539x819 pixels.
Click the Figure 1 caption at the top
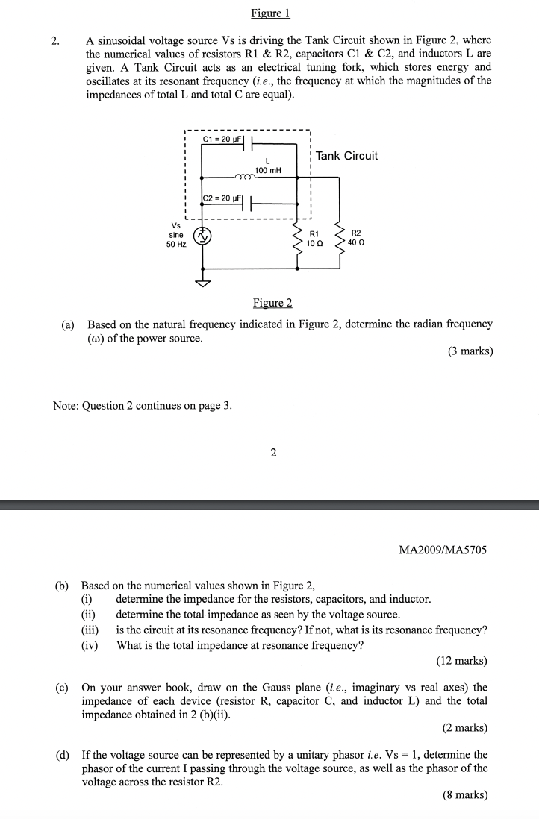point(270,13)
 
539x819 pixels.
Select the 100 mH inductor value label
point(267,171)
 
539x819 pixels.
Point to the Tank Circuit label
point(346,156)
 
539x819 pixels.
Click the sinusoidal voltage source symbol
point(202,236)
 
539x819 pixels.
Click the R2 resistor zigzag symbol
point(340,237)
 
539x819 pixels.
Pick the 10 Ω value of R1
point(315,244)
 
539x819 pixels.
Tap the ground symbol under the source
point(202,283)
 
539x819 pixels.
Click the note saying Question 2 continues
point(143,406)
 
